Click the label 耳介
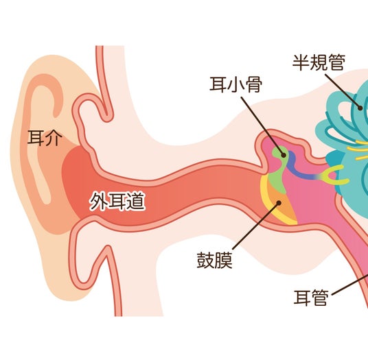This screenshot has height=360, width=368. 45,138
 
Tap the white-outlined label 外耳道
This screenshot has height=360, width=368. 117,202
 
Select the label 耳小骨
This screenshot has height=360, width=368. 235,84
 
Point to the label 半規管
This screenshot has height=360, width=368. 319,62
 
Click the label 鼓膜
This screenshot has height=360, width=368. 215,260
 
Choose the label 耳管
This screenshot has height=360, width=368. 311,298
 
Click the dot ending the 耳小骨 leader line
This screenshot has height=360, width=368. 284,155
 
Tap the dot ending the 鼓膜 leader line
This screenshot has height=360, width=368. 279,203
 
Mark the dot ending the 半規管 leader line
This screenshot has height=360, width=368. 360,108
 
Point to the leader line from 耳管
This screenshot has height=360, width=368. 349,285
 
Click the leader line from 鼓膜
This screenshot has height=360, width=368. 256,226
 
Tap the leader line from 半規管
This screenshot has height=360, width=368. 342,91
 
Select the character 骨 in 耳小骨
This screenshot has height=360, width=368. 253,84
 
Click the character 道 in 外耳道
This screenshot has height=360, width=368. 137,202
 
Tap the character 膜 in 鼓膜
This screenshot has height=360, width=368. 224,260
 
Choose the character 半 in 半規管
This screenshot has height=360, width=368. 301,62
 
